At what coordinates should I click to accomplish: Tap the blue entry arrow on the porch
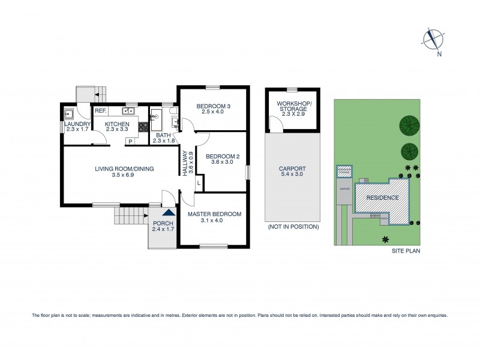click(170, 212)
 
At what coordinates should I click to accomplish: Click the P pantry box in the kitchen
click(129, 142)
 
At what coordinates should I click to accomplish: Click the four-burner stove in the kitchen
click(143, 127)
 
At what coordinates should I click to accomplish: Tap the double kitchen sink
click(128, 111)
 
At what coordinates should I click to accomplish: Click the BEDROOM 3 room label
click(213, 107)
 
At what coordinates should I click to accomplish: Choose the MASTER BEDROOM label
click(214, 214)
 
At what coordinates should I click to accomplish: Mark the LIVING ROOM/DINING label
click(124, 169)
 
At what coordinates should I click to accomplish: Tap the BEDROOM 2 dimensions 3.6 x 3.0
click(223, 163)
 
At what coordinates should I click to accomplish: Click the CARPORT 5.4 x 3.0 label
click(292, 172)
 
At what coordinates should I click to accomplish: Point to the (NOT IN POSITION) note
click(293, 227)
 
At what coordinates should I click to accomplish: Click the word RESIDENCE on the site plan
click(382, 197)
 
